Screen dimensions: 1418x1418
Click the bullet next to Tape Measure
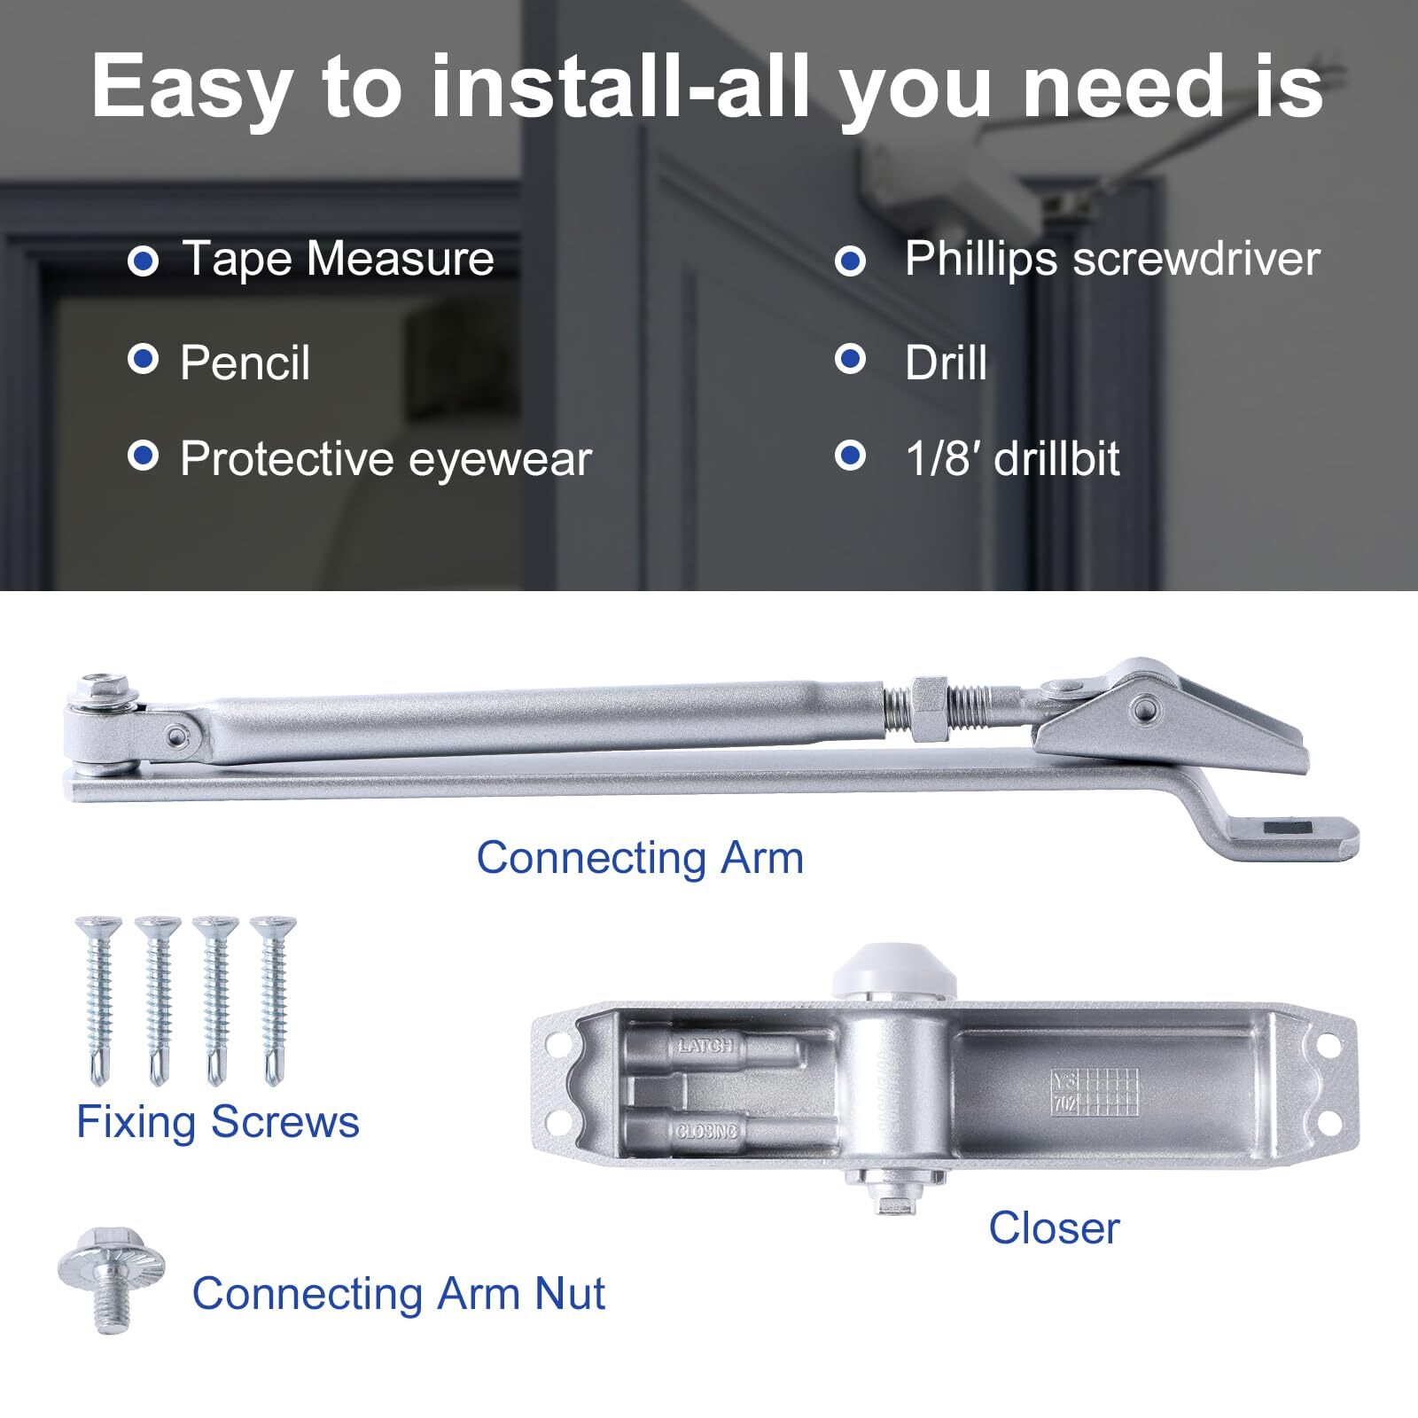coord(143,261)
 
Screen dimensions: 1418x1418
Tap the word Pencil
coord(245,363)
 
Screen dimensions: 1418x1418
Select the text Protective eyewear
coord(385,459)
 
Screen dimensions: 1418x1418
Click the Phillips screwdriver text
coord(1111,260)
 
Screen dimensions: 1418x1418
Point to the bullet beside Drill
coord(850,360)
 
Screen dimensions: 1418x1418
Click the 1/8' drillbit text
coord(1012,459)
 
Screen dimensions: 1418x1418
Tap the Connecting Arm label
coord(640,858)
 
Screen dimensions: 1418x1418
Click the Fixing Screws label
coord(218,1122)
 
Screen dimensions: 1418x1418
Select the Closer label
coord(1054,1228)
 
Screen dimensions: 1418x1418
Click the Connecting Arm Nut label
coord(398,1294)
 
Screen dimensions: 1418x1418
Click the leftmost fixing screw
coord(98,997)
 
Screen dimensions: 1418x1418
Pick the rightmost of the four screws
coord(272,997)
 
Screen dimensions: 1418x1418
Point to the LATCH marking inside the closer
coord(706,1046)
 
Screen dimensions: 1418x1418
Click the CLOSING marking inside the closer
coord(706,1131)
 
